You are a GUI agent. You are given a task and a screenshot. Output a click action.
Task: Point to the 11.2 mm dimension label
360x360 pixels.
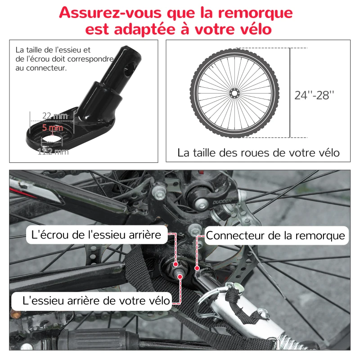click(x=53, y=152)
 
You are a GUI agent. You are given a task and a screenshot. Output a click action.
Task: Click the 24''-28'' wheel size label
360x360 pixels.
click(x=315, y=95)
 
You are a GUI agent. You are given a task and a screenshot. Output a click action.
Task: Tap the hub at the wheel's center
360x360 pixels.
click(x=234, y=93)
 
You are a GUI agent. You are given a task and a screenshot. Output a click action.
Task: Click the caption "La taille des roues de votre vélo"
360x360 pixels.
click(x=258, y=153)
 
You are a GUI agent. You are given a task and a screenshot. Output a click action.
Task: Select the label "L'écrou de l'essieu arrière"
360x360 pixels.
click(x=96, y=235)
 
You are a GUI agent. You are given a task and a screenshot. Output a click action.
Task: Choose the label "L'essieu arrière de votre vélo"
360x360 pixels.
click(x=91, y=300)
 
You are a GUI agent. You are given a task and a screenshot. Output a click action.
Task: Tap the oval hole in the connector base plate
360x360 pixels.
click(x=53, y=135)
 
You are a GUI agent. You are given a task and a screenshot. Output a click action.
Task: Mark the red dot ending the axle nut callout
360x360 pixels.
click(x=175, y=265)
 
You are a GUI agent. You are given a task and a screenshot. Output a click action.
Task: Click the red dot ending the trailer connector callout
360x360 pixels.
click(x=197, y=269)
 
